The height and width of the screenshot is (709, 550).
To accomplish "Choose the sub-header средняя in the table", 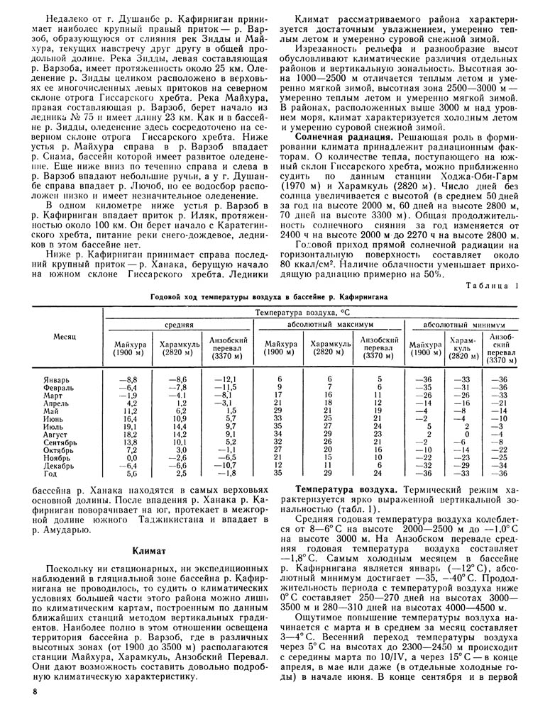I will (181, 324).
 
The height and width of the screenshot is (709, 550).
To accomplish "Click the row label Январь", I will (56, 381).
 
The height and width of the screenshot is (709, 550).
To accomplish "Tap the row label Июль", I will (53, 427).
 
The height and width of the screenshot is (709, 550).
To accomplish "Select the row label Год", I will (49, 473).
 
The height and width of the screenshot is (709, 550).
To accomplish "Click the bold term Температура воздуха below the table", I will (346, 489).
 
